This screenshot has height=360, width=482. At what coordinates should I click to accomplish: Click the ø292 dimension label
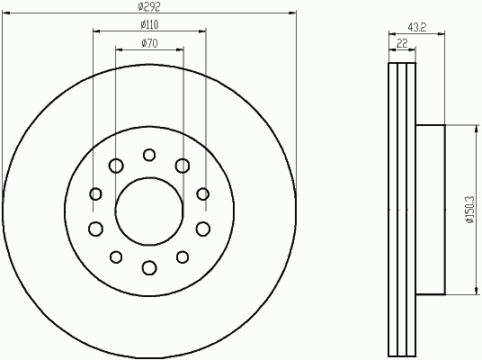click(x=149, y=6)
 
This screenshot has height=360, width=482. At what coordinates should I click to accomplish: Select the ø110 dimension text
click(x=149, y=24)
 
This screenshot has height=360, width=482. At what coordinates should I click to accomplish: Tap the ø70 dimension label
click(x=149, y=43)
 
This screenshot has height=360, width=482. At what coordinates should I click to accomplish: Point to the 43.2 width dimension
click(x=417, y=27)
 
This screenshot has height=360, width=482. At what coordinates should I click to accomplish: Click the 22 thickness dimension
click(x=402, y=43)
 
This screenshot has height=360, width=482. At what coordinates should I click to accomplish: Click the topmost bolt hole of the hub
click(x=149, y=155)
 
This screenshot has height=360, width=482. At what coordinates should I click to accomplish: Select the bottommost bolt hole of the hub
click(x=149, y=267)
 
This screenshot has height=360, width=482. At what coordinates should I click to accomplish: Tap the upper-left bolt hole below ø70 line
click(x=116, y=166)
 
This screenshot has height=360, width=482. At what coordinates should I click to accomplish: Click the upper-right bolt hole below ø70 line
click(x=183, y=166)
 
